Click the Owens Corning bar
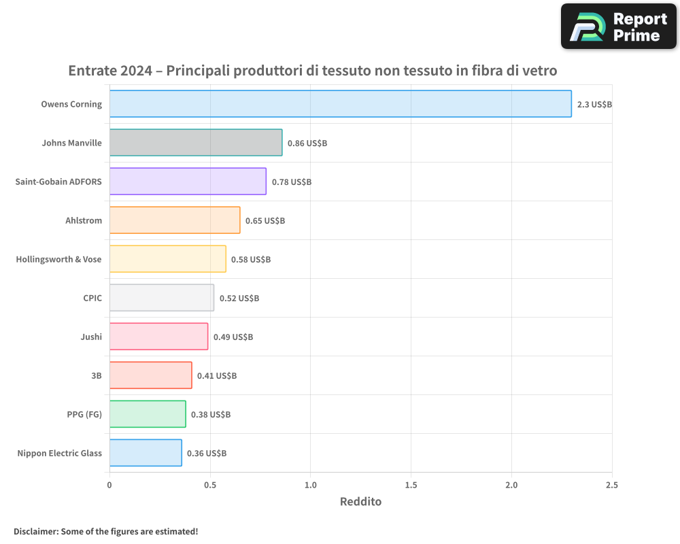click(x=340, y=104)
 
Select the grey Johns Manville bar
click(x=196, y=143)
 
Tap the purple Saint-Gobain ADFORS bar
click(x=188, y=182)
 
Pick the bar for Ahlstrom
click(x=175, y=220)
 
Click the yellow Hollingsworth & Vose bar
click(x=167, y=259)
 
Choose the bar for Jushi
click(x=158, y=337)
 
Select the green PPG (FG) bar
click(x=148, y=414)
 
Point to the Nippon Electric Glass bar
click(x=146, y=453)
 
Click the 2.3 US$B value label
click(x=595, y=105)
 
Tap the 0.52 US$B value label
click(x=239, y=299)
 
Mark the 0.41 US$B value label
click(x=217, y=375)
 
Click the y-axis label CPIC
click(x=92, y=298)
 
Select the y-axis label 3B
click(x=96, y=375)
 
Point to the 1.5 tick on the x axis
click(x=411, y=485)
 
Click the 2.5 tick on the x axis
click(x=611, y=485)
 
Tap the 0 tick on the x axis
click(x=109, y=485)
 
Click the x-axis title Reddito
click(x=360, y=502)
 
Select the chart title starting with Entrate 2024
click(x=313, y=71)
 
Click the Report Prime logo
click(x=618, y=27)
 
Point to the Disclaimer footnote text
click(x=105, y=531)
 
